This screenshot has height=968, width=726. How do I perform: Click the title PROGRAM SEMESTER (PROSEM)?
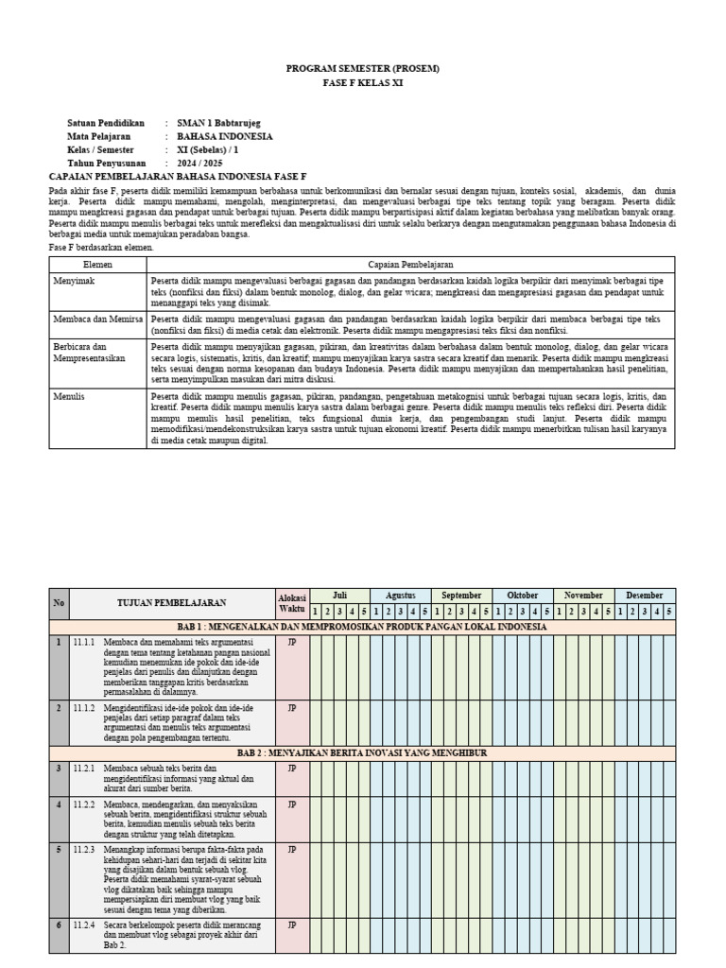pyautogui.click(x=363, y=69)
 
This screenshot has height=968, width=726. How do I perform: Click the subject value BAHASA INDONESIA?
pyautogui.click(x=225, y=136)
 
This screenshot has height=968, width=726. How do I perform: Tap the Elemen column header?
pyautogui.click(x=97, y=266)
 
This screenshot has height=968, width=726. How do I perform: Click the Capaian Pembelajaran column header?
pyautogui.click(x=411, y=266)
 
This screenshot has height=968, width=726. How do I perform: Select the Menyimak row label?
pyautogui.click(x=73, y=281)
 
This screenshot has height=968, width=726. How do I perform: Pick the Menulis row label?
pyautogui.click(x=69, y=396)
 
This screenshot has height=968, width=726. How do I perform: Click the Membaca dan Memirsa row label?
pyautogui.click(x=97, y=320)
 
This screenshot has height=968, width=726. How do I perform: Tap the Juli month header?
pyautogui.click(x=339, y=596)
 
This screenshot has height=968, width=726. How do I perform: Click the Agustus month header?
pyautogui.click(x=401, y=596)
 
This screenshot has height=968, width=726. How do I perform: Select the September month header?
pyautogui.click(x=462, y=596)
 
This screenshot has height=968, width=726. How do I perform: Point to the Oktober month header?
pyautogui.click(x=523, y=596)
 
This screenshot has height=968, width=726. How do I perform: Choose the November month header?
pyautogui.click(x=584, y=596)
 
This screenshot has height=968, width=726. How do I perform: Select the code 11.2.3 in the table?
pyautogui.click(x=85, y=850)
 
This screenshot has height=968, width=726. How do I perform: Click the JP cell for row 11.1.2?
pyautogui.click(x=292, y=706)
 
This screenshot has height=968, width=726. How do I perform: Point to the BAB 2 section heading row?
pyautogui.click(x=363, y=752)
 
